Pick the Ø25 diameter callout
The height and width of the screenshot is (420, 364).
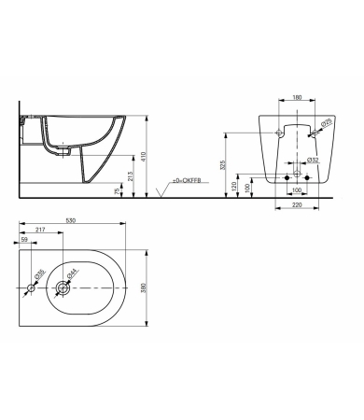pos(326,122)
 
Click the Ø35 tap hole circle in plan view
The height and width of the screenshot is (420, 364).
pos(30,288)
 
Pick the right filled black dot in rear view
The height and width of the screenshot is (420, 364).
pos(309,176)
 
